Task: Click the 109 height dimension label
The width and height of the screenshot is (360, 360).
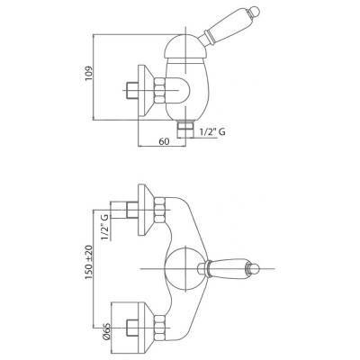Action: pyautogui.click(x=89, y=73)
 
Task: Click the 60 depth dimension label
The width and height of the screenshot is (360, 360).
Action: pyautogui.click(x=164, y=141)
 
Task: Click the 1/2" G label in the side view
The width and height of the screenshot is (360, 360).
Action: pyautogui.click(x=212, y=131)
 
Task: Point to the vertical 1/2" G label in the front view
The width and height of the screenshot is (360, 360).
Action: pyautogui.click(x=105, y=227)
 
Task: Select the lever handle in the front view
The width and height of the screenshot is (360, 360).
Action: pyautogui.click(x=229, y=268)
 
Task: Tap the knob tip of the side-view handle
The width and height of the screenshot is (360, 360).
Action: pyautogui.click(x=255, y=12)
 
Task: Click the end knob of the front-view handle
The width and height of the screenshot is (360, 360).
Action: pyautogui.click(x=254, y=268)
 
